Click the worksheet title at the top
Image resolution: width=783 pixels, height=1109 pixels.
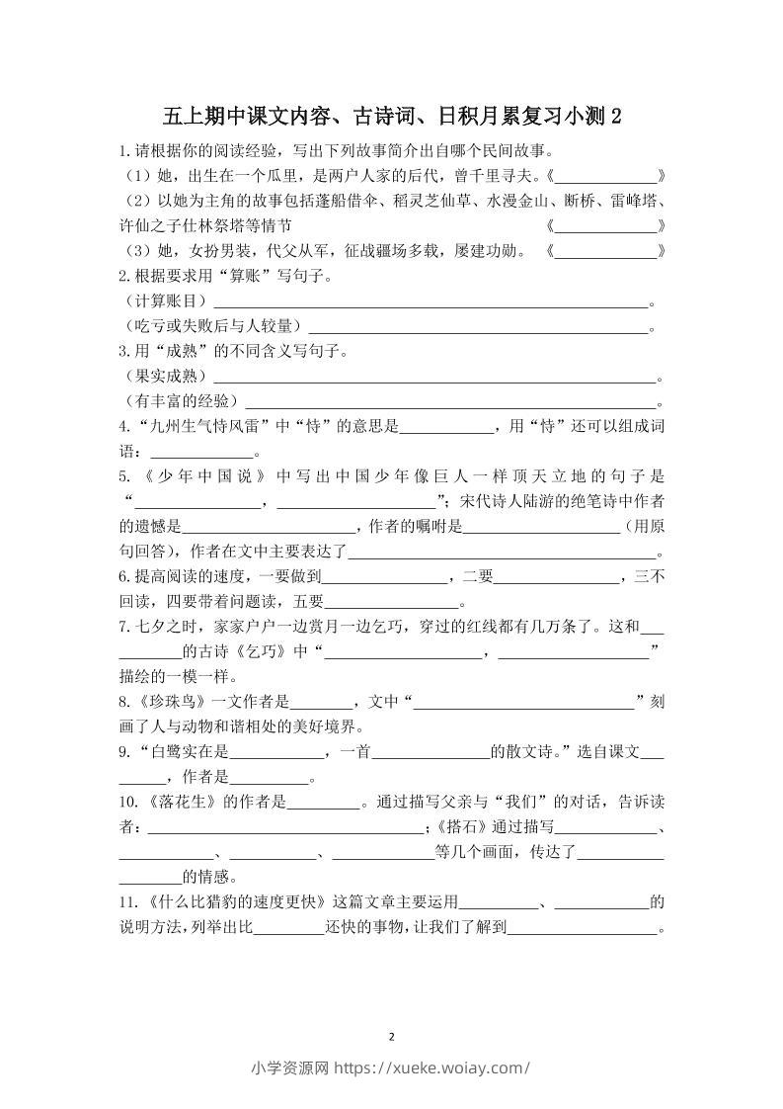click(x=392, y=117)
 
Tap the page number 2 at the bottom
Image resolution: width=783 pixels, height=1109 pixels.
click(x=392, y=1037)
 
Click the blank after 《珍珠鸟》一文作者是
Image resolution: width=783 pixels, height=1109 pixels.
click(x=321, y=703)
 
